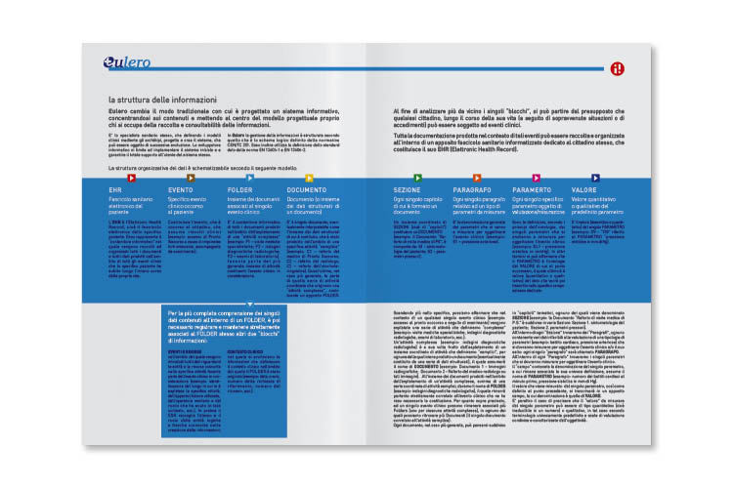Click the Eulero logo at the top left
pyautogui.click(x=126, y=64)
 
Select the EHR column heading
pyautogui.click(x=116, y=189)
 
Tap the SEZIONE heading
pyautogui.click(x=407, y=189)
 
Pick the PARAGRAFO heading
pyautogui.click(x=472, y=189)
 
